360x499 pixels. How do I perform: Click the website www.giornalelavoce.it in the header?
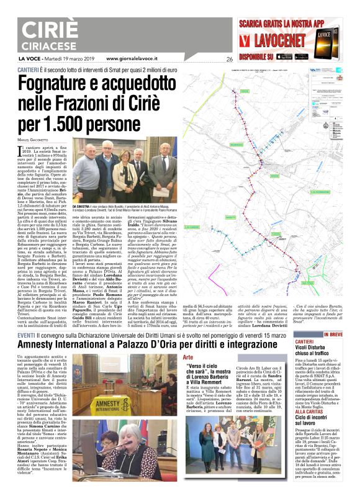(x=132, y=58)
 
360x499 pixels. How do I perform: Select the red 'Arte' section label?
(x=189, y=358)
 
